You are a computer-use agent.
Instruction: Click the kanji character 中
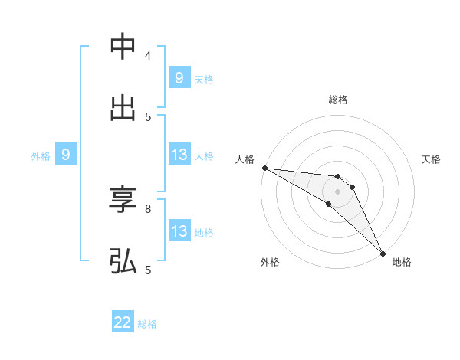point(123,47)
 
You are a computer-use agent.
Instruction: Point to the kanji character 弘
point(123,260)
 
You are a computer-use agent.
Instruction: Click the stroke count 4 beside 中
point(147,56)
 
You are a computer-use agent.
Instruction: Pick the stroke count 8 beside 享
point(147,208)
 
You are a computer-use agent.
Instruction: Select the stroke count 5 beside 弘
point(147,270)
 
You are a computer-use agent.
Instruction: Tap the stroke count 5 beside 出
point(147,116)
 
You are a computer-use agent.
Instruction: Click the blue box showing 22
point(123,323)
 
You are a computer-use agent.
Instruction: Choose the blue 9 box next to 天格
point(179,77)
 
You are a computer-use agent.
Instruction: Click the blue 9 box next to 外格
point(66,155)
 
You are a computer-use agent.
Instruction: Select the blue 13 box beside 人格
point(179,155)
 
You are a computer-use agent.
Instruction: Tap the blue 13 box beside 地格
point(179,231)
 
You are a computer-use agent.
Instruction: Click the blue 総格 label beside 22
point(147,324)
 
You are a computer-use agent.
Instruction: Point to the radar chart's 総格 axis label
point(338,100)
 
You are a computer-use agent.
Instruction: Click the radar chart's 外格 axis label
point(270,262)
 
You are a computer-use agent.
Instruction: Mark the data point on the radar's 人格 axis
point(264,168)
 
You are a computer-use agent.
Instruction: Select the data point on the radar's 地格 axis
point(383,253)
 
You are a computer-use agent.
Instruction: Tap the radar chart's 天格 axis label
point(431,159)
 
